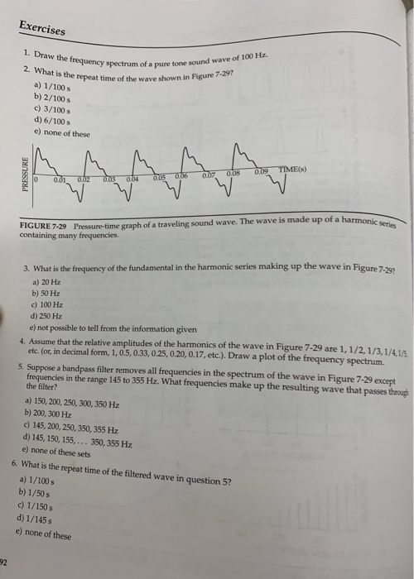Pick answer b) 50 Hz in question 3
coord(46,293)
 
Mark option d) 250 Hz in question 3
coord(47,315)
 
